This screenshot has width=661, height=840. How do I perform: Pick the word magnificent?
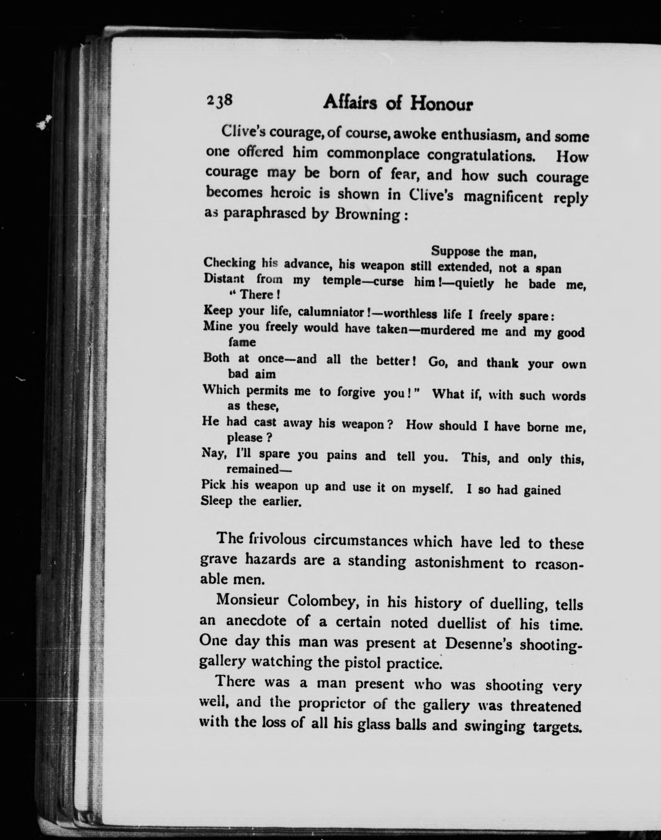[x=503, y=197]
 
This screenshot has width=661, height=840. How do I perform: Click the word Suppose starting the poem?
[x=456, y=251]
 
